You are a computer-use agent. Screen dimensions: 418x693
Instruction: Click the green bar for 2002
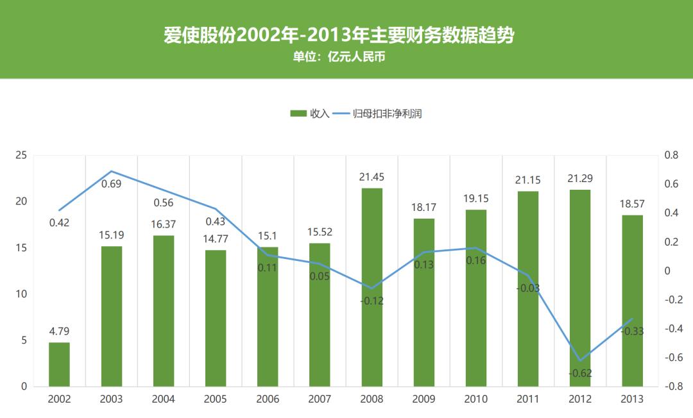coord(59,364)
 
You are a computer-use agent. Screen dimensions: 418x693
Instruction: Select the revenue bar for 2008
coord(372,287)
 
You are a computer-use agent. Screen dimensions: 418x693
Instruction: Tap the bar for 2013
coord(633,301)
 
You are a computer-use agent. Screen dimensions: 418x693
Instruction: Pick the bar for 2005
coord(216,318)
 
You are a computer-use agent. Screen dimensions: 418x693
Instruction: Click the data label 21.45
coord(372,177)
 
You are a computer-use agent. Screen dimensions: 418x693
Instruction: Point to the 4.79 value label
coord(59,331)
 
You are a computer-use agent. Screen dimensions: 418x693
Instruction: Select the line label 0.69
coord(111,184)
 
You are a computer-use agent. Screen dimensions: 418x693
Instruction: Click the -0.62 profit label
coord(580,373)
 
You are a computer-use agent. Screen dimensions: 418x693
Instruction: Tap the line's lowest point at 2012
coord(580,360)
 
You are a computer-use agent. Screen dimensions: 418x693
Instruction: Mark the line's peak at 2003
coord(111,171)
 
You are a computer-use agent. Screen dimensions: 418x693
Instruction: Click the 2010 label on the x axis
coord(476,399)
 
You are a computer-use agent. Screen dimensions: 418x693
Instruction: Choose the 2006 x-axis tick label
coord(268,399)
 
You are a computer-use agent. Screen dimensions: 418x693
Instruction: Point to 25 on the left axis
coord(21,155)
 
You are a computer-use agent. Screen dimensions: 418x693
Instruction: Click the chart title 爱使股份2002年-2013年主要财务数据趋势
coord(339,35)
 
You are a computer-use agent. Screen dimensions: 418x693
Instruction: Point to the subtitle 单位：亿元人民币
coord(339,57)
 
